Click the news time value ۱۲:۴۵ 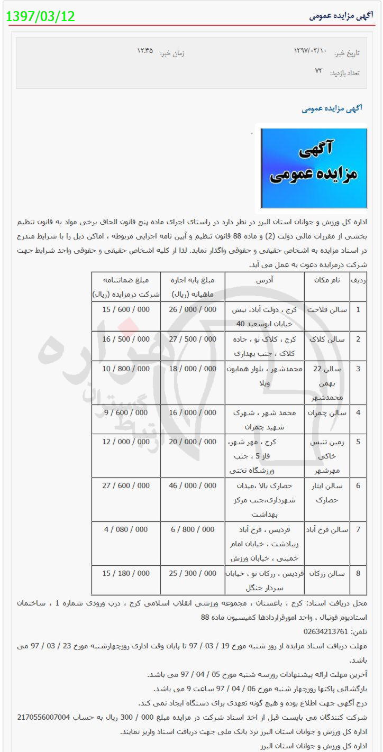pyautogui.click(x=145, y=51)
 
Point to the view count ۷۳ pyautogui.click(x=318, y=71)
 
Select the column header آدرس pyautogui.click(x=264, y=279)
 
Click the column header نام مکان pyautogui.click(x=327, y=279)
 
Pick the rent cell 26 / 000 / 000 pyautogui.click(x=193, y=309)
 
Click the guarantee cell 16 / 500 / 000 pyautogui.click(x=126, y=339)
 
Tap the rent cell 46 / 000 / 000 pyautogui.click(x=193, y=485)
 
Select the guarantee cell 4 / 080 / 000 pyautogui.click(x=126, y=529)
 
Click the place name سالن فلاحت pyautogui.click(x=327, y=309)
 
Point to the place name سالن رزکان pyautogui.click(x=327, y=573)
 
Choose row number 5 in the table pyautogui.click(x=358, y=442)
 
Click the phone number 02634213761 pyautogui.click(x=326, y=631)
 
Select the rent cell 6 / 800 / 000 pyautogui.click(x=193, y=529)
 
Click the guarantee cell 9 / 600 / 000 pyautogui.click(x=126, y=412)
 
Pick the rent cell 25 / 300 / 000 pyautogui.click(x=193, y=573)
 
